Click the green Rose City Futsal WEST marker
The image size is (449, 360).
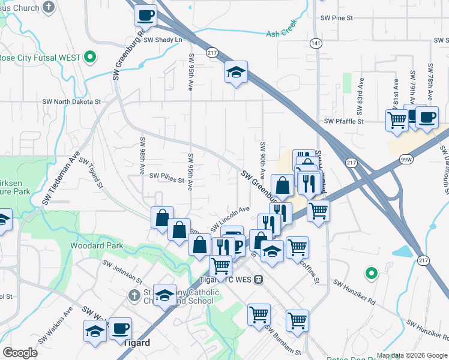[90, 58]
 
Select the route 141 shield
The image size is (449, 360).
[316, 43]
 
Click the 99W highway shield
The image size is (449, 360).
[407, 159]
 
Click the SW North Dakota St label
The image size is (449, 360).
[71, 102]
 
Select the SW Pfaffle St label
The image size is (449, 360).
[344, 121]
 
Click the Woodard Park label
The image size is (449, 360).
[96, 245]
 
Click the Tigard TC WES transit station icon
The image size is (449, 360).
[258, 279]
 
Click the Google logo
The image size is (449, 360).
[20, 353]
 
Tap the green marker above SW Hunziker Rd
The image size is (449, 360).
[372, 274]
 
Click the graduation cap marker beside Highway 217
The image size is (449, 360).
[236, 73]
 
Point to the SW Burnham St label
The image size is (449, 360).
[283, 341]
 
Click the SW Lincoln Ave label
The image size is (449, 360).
[229, 220]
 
